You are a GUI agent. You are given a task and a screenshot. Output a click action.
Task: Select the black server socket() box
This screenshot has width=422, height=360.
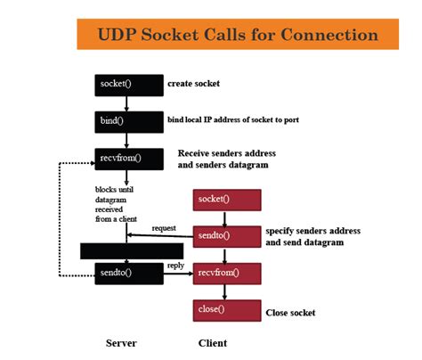(x=127, y=85)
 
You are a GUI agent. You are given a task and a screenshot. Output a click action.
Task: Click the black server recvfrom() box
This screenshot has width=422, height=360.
(x=127, y=160)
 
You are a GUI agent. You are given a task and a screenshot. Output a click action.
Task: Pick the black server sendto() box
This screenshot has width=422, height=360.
(x=127, y=272)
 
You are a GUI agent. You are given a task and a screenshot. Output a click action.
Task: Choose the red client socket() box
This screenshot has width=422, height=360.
(x=227, y=199)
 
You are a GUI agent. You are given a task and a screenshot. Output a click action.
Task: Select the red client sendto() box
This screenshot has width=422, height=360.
(x=227, y=235)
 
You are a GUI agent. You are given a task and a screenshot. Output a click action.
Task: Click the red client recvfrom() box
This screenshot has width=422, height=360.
(x=227, y=273)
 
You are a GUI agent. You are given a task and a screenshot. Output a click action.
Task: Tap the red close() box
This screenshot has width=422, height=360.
(x=227, y=310)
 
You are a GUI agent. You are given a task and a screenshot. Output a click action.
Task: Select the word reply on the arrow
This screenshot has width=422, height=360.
(x=175, y=266)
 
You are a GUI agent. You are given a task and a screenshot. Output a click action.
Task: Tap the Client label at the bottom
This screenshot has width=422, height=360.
(x=212, y=343)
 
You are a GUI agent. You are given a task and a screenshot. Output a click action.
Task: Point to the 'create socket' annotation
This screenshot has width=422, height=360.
(x=194, y=84)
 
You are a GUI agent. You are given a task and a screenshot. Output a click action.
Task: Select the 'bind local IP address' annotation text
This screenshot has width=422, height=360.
(x=229, y=119)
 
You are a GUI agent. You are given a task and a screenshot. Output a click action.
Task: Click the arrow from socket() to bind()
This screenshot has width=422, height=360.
(x=127, y=103)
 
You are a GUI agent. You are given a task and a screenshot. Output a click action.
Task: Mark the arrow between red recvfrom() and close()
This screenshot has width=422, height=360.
(x=227, y=291)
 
